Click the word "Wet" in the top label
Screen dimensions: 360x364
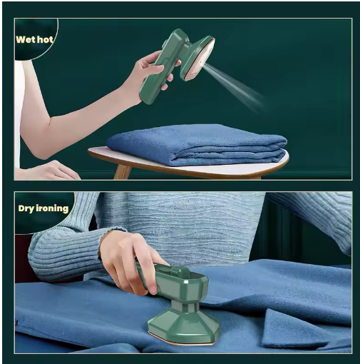(x=25, y=39)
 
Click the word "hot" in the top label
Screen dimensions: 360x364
(x=45, y=39)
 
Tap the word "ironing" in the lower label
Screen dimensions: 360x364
(x=52, y=208)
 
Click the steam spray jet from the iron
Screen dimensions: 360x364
(x=234, y=86)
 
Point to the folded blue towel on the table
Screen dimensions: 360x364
(x=197, y=145)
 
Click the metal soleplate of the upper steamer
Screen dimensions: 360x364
(x=203, y=59)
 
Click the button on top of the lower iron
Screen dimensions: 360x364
(x=177, y=271)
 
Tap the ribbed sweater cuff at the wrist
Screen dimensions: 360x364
(x=105, y=241)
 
